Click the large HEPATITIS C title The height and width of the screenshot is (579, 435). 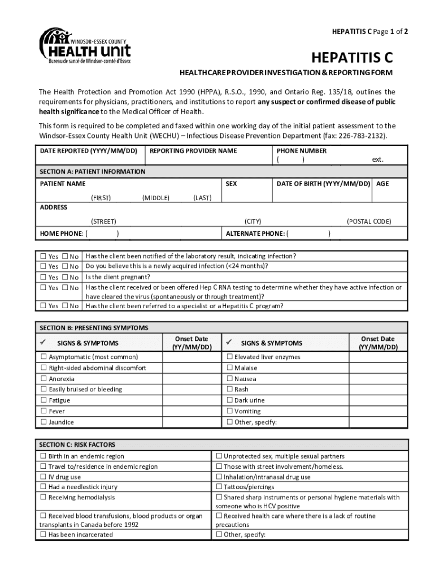(x=352, y=58)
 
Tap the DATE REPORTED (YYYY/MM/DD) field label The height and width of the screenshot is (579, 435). (x=89, y=151)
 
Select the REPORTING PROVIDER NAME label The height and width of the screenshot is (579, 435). (x=193, y=151)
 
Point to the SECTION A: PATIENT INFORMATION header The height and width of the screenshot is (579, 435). (x=93, y=171)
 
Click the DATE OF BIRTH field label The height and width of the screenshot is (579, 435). (x=323, y=184)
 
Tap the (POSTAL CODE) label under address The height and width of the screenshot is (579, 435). (x=368, y=222)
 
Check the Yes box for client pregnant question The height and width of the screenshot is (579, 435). (x=43, y=277)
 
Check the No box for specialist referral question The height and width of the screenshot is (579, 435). (x=65, y=306)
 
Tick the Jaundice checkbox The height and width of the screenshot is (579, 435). (x=43, y=422)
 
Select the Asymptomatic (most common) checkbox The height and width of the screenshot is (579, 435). (x=43, y=357)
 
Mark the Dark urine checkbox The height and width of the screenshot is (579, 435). (x=229, y=400)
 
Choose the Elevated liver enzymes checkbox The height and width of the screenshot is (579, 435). (x=229, y=357)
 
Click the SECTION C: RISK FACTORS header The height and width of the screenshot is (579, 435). (x=77, y=445)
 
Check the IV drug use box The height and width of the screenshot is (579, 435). (x=43, y=477)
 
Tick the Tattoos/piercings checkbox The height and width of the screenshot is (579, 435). (x=219, y=487)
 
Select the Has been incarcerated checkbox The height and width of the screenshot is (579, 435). (x=43, y=535)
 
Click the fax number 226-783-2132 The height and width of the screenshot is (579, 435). (x=362, y=136)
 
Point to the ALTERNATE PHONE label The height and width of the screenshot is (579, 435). (x=255, y=234)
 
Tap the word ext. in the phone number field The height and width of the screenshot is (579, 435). (x=377, y=159)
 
